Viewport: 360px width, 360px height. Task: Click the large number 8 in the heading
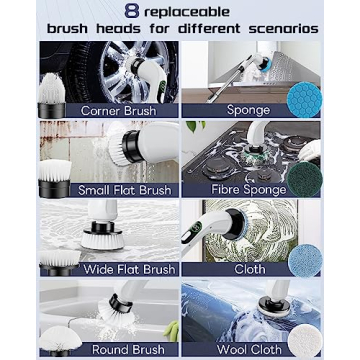click(129, 11)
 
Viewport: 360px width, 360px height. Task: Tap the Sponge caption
click(248, 110)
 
